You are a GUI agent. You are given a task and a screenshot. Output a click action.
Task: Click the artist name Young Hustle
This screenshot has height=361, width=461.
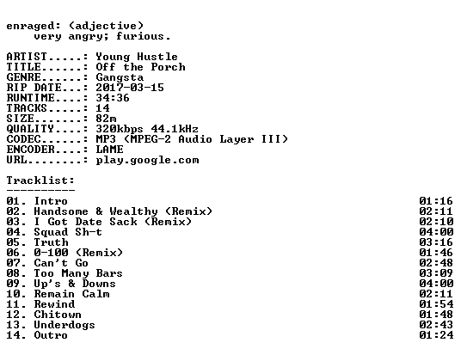[x=137, y=57]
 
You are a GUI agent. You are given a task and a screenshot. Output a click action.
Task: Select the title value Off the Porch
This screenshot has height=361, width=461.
[x=140, y=67]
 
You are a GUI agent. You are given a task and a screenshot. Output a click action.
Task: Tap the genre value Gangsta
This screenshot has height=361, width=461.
[x=120, y=77]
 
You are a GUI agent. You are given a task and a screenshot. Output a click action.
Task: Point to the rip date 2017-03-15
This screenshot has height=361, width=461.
[x=130, y=88]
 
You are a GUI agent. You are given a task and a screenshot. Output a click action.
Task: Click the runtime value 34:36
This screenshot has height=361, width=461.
[x=113, y=98]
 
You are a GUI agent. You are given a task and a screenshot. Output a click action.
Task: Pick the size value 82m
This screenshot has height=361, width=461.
[x=106, y=119]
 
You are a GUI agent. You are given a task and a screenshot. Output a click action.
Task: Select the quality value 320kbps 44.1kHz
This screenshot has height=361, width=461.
[x=147, y=129]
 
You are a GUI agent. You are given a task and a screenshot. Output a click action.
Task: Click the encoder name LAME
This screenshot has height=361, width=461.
[x=109, y=150]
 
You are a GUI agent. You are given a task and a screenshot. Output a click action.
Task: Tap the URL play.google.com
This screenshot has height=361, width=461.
[x=147, y=160]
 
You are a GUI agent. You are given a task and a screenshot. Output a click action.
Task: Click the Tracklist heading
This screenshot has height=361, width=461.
[x=40, y=180]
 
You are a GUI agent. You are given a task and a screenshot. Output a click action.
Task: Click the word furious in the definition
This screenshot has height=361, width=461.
[x=140, y=36]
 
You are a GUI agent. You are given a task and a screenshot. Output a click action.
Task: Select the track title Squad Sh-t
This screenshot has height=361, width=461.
[x=68, y=232]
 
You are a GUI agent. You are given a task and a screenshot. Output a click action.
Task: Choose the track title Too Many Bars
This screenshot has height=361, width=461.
[x=78, y=273]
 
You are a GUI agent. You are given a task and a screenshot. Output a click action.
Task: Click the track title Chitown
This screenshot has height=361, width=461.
[x=58, y=315]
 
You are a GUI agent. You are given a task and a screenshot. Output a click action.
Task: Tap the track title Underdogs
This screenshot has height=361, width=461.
[x=65, y=325]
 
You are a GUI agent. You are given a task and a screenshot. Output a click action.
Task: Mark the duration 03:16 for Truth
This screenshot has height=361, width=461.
[x=436, y=242]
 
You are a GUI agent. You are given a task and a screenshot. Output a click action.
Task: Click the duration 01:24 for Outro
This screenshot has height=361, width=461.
[x=436, y=335]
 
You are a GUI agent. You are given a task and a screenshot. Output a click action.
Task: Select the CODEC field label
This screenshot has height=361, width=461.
[x=23, y=139]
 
